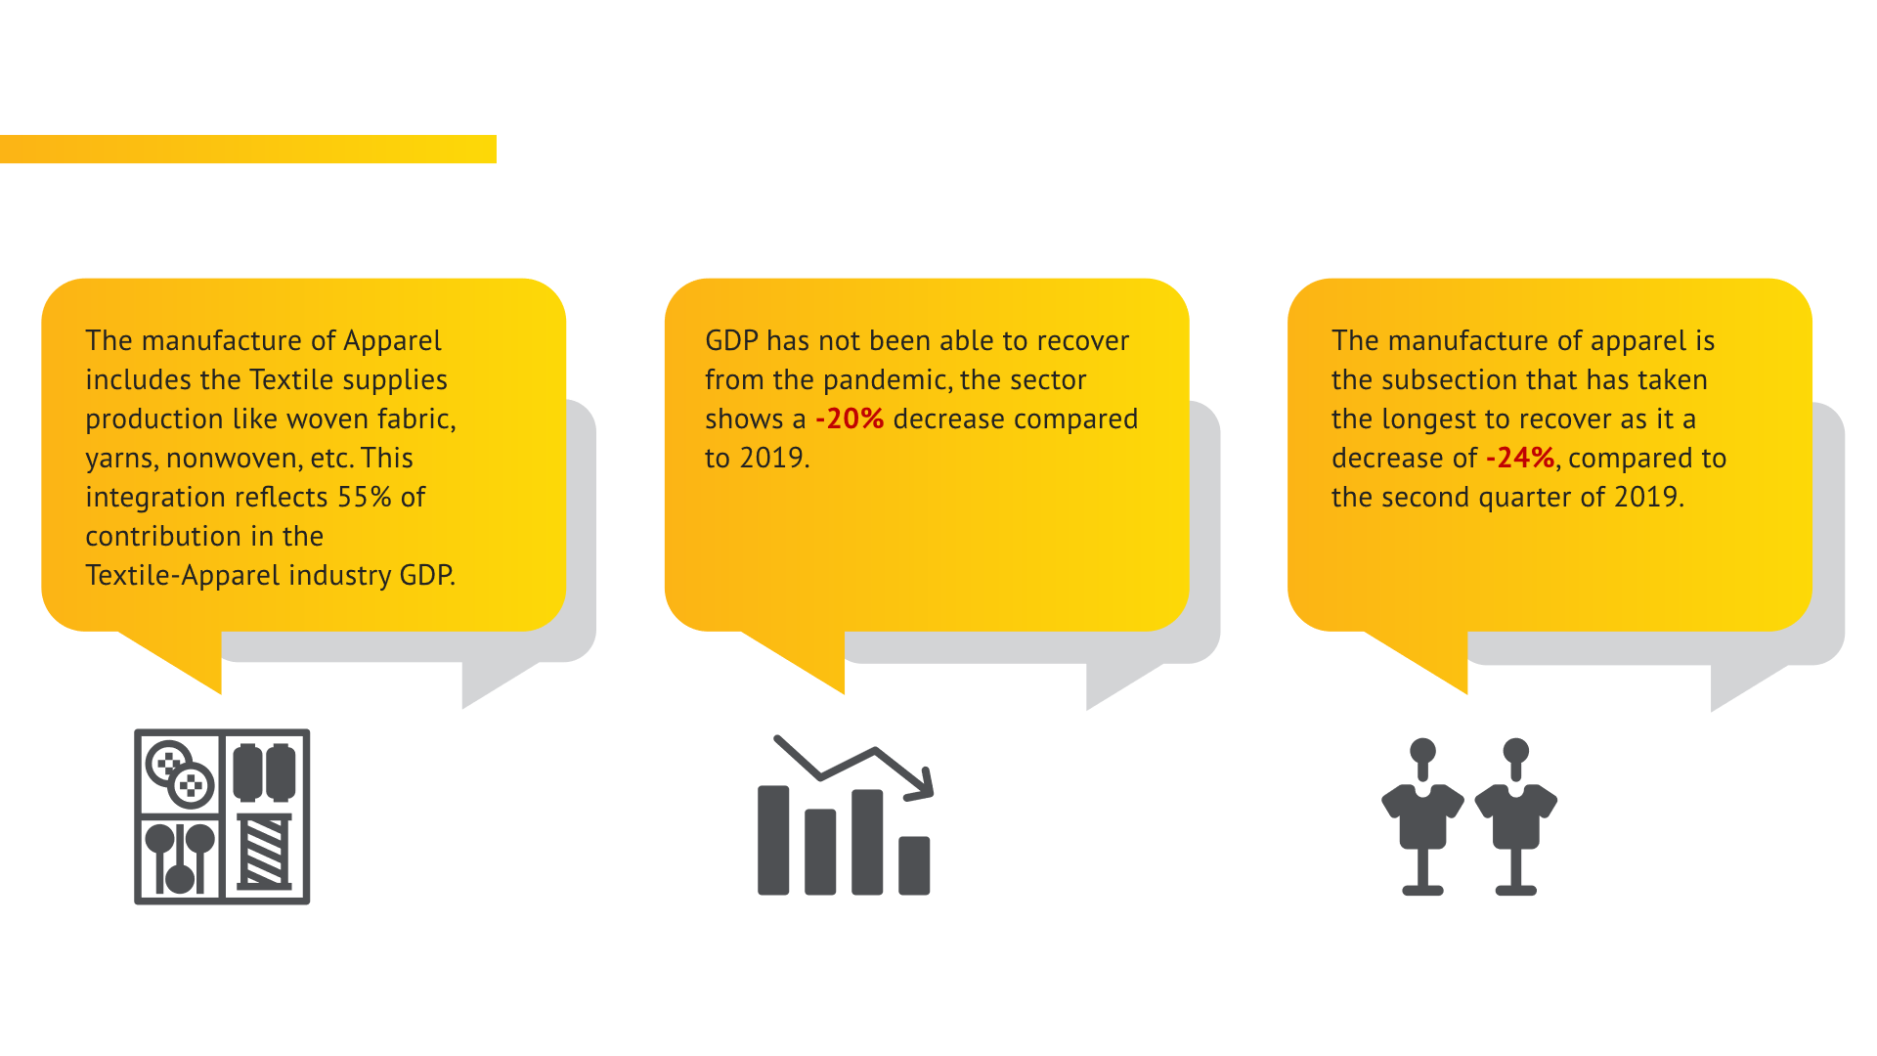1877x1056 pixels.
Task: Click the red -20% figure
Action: point(850,419)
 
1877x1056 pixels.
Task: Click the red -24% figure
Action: point(1520,459)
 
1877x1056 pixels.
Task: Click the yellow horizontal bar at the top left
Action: point(248,149)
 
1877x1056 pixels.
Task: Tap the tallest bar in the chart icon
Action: point(773,840)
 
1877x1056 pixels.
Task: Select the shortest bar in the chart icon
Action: point(914,865)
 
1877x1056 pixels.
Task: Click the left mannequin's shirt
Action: point(1422,814)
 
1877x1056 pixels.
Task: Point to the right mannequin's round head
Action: point(1516,751)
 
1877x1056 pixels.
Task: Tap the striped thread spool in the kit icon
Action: point(265,851)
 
